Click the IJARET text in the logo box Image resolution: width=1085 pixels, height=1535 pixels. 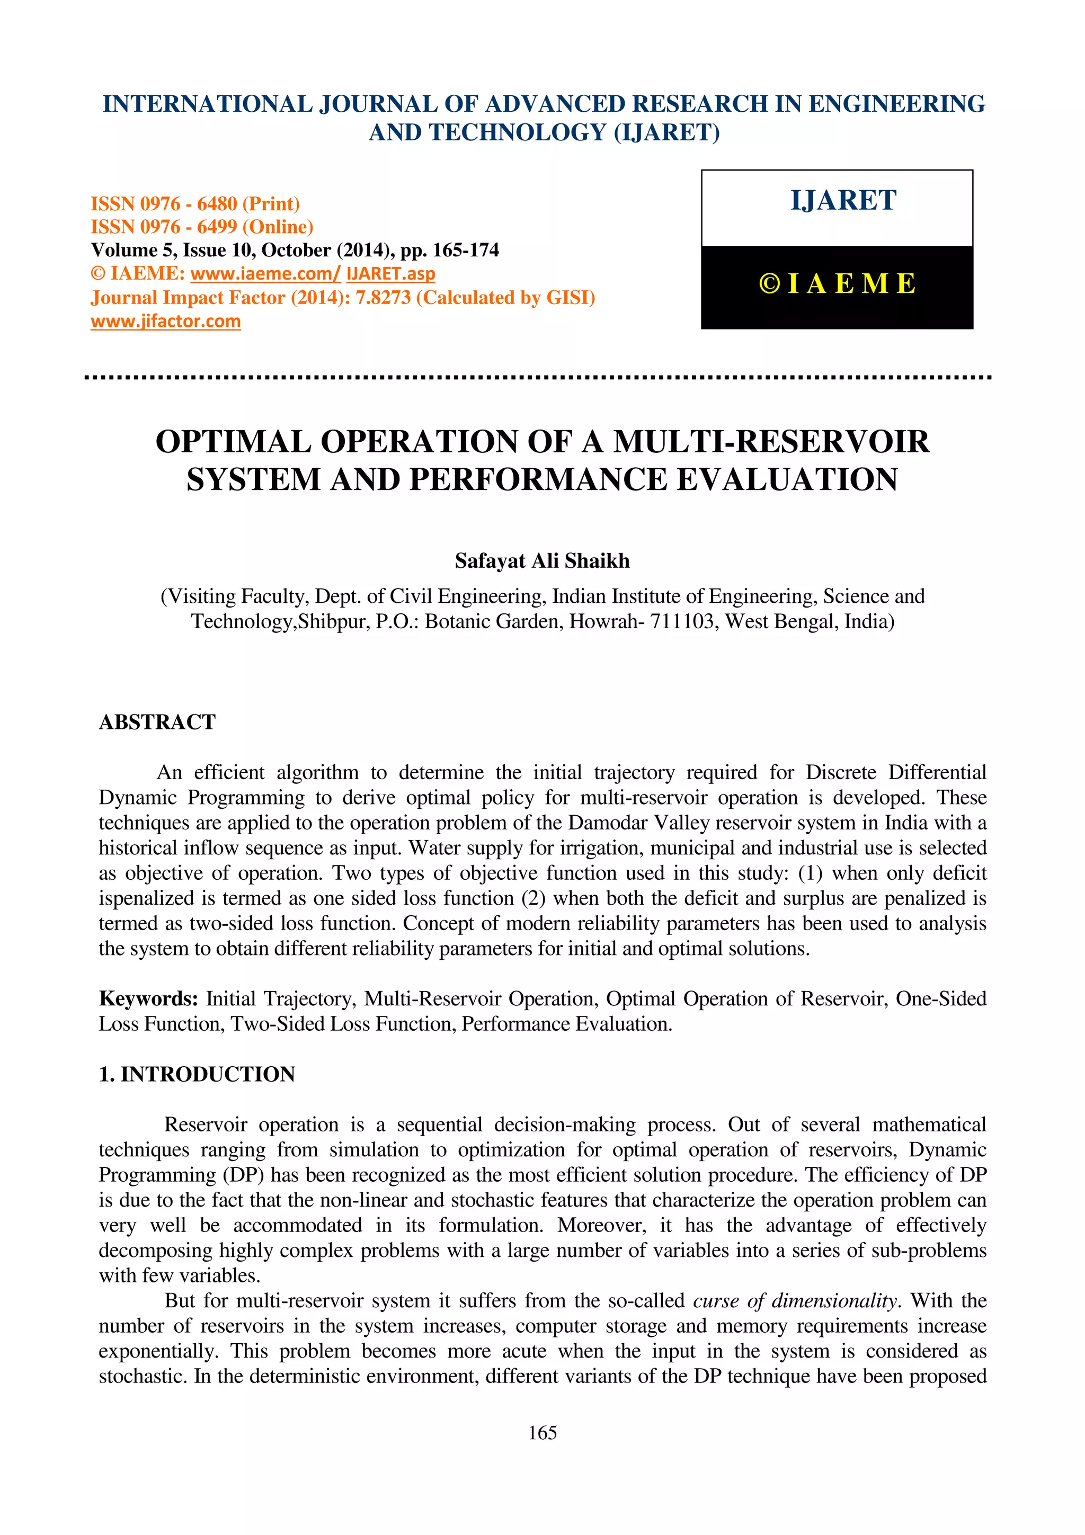point(843,201)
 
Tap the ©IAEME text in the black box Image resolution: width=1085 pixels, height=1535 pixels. point(837,284)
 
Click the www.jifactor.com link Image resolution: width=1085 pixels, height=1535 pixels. point(166,322)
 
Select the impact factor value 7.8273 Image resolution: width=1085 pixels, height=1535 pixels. point(383,298)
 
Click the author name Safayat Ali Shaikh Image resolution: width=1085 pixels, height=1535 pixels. point(542,561)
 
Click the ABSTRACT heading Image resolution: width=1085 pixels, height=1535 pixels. point(157,722)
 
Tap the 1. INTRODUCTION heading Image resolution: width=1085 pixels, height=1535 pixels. point(197,1074)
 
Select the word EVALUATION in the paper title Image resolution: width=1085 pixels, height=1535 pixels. point(787,480)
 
